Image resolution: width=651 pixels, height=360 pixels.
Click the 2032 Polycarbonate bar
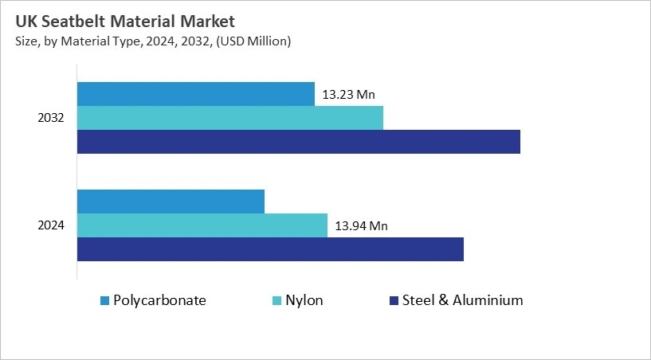click(x=195, y=94)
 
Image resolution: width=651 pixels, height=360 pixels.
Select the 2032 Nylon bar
click(x=229, y=118)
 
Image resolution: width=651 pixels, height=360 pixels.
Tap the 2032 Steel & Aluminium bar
click(x=298, y=142)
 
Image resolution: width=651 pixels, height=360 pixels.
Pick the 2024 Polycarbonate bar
click(x=171, y=202)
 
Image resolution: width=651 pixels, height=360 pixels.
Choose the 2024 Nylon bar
click(x=202, y=225)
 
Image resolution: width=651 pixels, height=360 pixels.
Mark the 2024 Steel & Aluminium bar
click(x=270, y=249)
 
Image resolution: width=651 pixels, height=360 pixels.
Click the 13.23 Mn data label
click(x=348, y=94)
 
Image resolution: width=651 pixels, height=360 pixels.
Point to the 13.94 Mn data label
click(x=361, y=226)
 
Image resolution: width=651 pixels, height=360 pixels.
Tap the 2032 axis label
click(x=51, y=118)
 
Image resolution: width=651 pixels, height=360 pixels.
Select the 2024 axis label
click(x=51, y=225)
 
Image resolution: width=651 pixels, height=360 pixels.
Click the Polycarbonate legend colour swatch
click(x=104, y=301)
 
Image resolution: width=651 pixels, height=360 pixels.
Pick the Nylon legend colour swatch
click(x=277, y=301)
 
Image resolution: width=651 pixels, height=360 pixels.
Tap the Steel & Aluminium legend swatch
click(x=393, y=301)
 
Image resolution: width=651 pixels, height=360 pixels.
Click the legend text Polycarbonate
click(x=159, y=300)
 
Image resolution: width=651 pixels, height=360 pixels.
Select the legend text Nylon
click(x=307, y=300)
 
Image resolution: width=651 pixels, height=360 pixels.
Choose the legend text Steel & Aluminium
click(x=462, y=300)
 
